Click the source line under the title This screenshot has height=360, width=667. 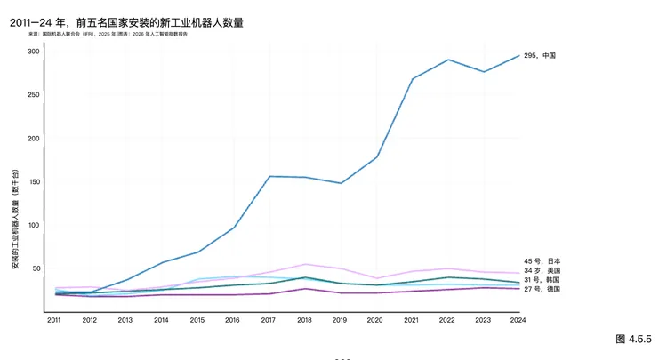coord(108,35)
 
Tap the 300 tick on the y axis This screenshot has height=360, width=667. coord(34,52)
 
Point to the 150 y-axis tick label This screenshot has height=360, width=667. coord(34,182)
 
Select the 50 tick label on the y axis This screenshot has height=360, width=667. coord(36,268)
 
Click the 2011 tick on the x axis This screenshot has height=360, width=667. coord(54,320)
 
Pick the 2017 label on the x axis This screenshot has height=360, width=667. coord(269,320)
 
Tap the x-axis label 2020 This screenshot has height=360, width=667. coord(376,320)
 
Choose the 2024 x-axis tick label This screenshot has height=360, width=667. coord(519,320)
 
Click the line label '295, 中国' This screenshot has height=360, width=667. coord(540,56)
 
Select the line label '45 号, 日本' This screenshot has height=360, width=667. coord(542,261)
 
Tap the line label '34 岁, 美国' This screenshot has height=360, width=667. coord(542,270)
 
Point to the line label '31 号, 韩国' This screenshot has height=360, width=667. coord(542,280)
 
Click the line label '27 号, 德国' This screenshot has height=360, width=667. coord(542,290)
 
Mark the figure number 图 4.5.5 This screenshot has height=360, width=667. coord(633,339)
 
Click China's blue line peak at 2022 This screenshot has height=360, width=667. coord(448,60)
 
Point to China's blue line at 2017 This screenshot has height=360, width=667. coord(269,176)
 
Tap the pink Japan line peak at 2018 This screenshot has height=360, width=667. coord(305,264)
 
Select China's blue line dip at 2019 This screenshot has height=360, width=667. coord(341,183)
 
